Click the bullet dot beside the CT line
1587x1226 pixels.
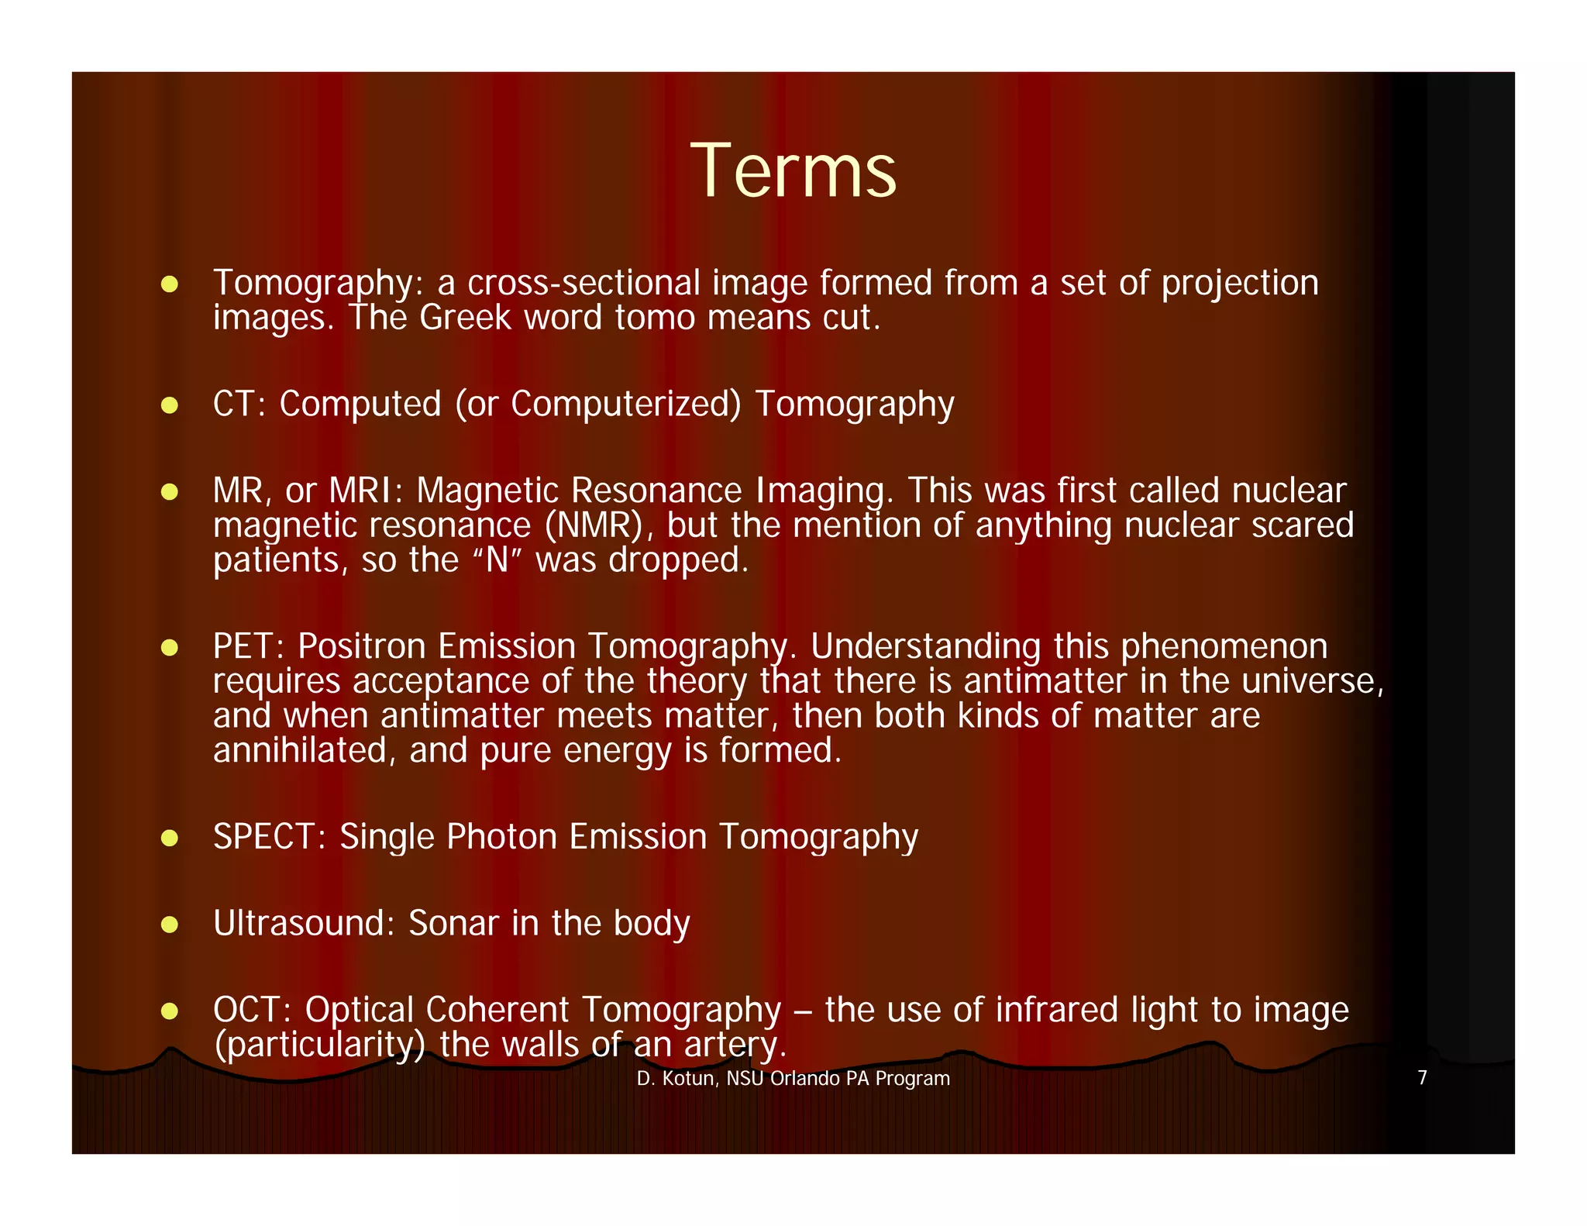click(x=170, y=405)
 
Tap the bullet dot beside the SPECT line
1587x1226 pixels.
click(x=170, y=838)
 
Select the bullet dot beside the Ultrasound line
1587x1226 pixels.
click(x=170, y=925)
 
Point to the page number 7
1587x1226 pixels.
click(x=1422, y=1078)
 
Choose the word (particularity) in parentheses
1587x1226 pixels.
click(x=319, y=1045)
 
